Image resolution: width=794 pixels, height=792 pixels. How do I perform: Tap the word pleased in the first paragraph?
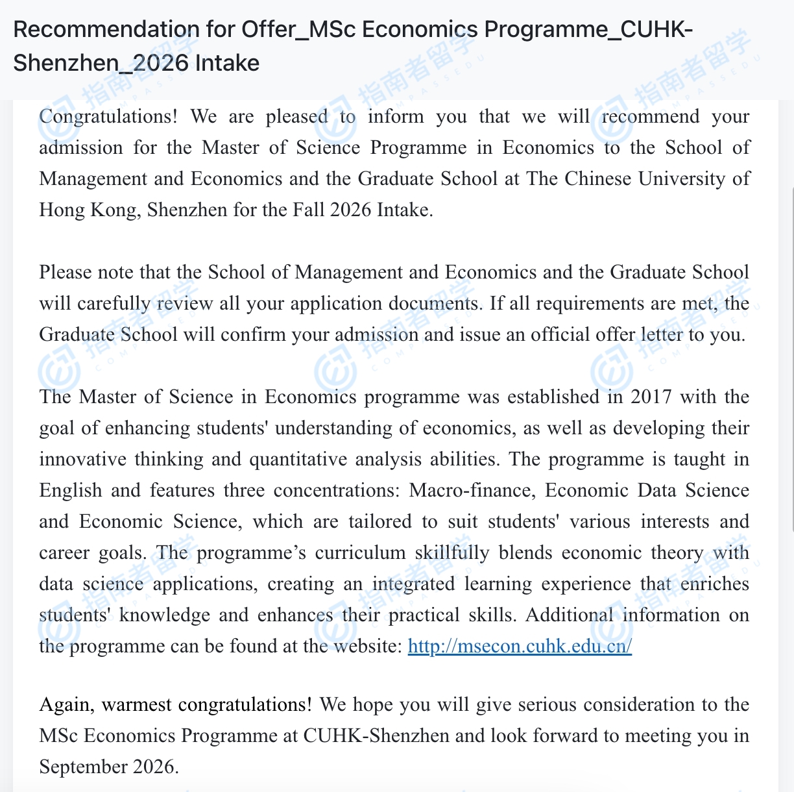click(296, 117)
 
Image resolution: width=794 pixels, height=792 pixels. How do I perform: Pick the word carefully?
click(114, 304)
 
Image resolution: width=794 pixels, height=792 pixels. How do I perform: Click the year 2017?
click(651, 397)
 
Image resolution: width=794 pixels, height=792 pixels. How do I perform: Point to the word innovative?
click(82, 460)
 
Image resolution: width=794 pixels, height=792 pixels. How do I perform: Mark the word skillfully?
click(452, 553)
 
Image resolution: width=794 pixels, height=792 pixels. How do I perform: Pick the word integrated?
click(414, 584)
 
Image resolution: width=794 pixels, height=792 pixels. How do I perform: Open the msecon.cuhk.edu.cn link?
click(520, 647)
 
